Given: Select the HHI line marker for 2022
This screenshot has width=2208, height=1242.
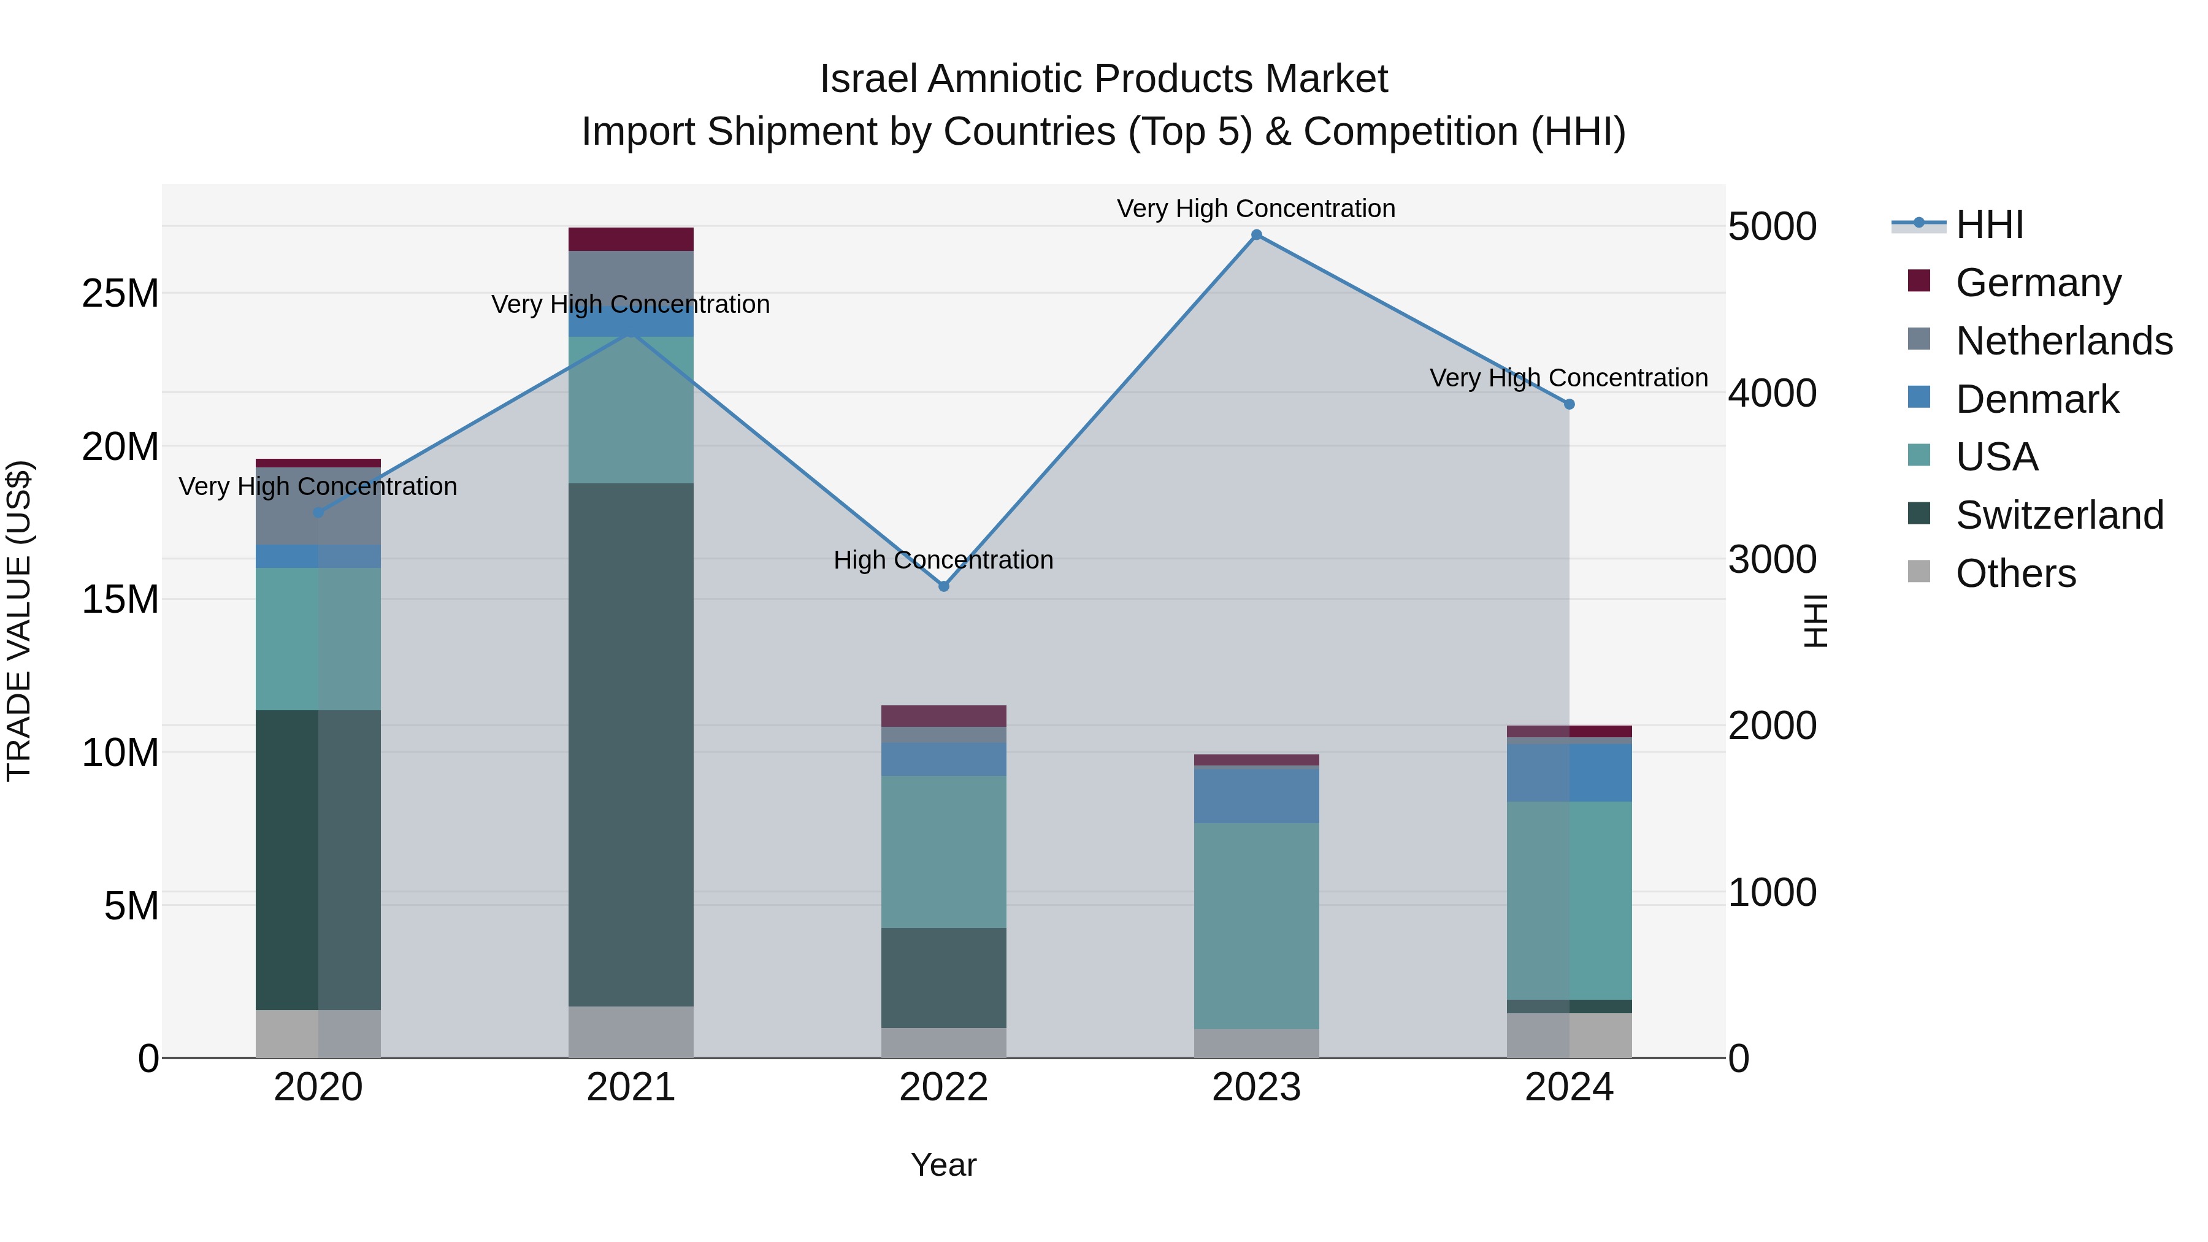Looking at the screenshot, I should tap(944, 586).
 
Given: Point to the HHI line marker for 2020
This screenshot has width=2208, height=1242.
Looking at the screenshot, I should tap(318, 513).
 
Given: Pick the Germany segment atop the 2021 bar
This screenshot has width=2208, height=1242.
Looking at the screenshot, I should tap(631, 239).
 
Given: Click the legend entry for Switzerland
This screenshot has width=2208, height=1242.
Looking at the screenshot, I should tap(2059, 515).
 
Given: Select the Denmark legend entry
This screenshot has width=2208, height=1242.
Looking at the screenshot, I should tap(2036, 399).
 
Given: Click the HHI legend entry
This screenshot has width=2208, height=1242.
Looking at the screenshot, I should tap(1988, 224).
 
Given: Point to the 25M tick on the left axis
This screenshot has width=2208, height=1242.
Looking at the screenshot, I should tap(120, 294).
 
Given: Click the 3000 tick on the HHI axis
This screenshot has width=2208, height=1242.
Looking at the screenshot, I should tap(1772, 560).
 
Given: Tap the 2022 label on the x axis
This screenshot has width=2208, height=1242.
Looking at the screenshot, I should tap(944, 1087).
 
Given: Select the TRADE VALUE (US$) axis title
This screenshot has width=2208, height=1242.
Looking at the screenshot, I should tap(19, 621).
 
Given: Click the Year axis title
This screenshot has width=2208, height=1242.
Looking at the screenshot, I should tap(944, 1165).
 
